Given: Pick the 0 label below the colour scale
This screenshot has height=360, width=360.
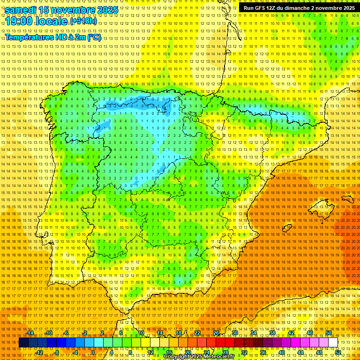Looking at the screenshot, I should click(93, 352).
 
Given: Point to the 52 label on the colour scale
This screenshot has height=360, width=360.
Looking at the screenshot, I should click(338, 352).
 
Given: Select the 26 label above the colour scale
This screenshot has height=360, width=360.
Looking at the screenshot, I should click(216, 333).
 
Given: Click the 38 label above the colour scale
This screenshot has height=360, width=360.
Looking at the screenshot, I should click(272, 333).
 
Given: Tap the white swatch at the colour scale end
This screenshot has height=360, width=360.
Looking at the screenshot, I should click(333, 343).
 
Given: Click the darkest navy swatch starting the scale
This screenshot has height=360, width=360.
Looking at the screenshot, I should click(23, 343).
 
